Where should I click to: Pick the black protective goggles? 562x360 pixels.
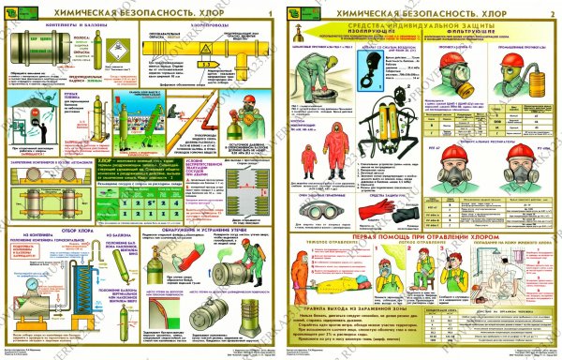325,214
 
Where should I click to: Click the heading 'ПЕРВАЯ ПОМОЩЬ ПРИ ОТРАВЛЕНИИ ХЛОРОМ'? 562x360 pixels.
418,242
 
